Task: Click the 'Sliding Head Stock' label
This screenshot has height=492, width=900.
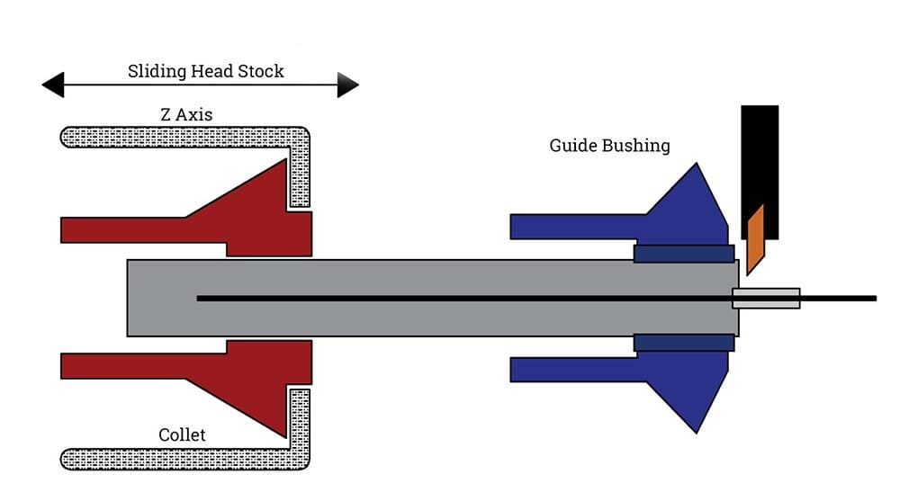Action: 205,71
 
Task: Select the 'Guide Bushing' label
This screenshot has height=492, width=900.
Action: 609,145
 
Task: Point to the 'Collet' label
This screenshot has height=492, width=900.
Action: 182,435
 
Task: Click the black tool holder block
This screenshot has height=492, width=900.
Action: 760,153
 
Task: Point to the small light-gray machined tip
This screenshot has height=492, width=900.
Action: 766,298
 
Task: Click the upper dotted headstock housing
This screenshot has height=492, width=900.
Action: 180,137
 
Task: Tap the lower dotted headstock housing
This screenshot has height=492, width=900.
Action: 180,459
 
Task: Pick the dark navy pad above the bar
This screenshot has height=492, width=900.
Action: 684,254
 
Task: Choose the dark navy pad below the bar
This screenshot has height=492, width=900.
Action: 684,343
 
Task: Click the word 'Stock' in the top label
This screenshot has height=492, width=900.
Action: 260,71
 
